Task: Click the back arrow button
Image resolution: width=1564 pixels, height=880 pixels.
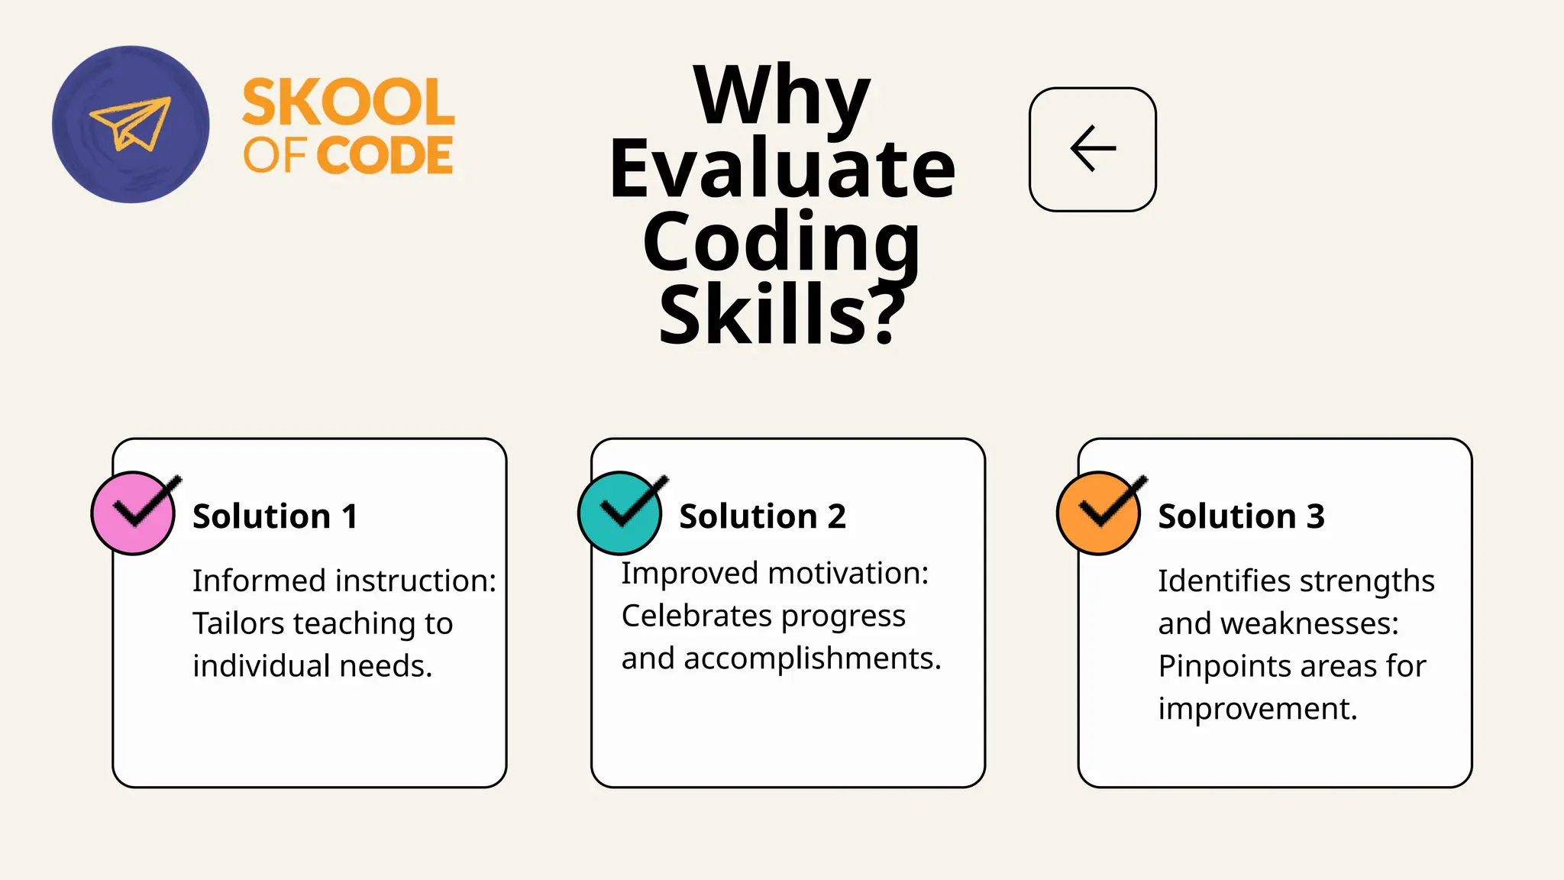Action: [1092, 149]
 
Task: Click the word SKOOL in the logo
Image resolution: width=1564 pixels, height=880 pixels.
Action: [348, 102]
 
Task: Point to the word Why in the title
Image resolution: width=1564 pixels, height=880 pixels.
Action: [781, 95]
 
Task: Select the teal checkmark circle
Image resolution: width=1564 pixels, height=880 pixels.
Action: [620, 513]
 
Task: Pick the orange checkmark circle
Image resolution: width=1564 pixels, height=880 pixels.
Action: [1099, 513]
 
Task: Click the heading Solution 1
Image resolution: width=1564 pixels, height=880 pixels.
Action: [275, 516]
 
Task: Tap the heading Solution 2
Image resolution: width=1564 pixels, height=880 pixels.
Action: [762, 516]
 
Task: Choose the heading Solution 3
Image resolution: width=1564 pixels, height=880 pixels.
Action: [1241, 516]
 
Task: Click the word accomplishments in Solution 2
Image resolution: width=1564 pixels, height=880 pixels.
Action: [813, 658]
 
